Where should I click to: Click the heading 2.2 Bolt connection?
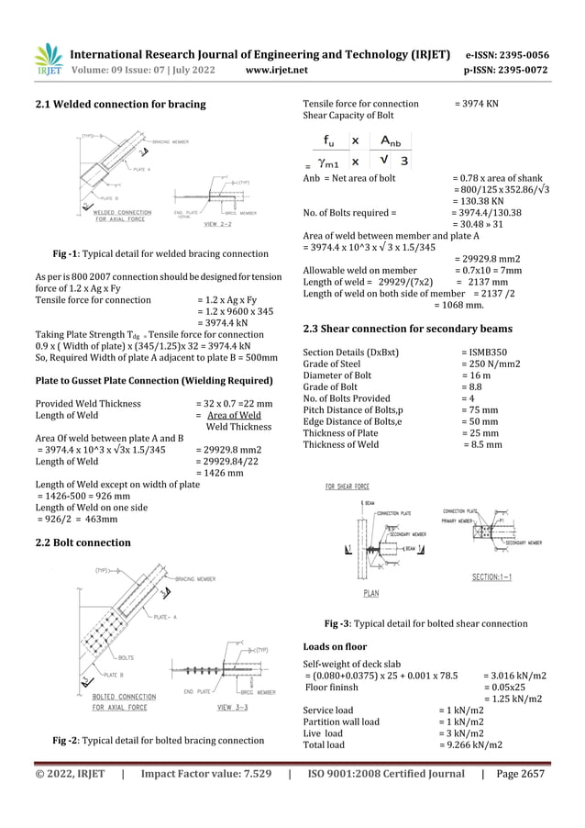pos(83,543)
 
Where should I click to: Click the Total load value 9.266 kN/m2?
pos(470,744)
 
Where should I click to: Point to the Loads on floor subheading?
pos(335,646)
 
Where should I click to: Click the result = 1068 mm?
pos(458,305)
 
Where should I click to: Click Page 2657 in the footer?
pos(520,774)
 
